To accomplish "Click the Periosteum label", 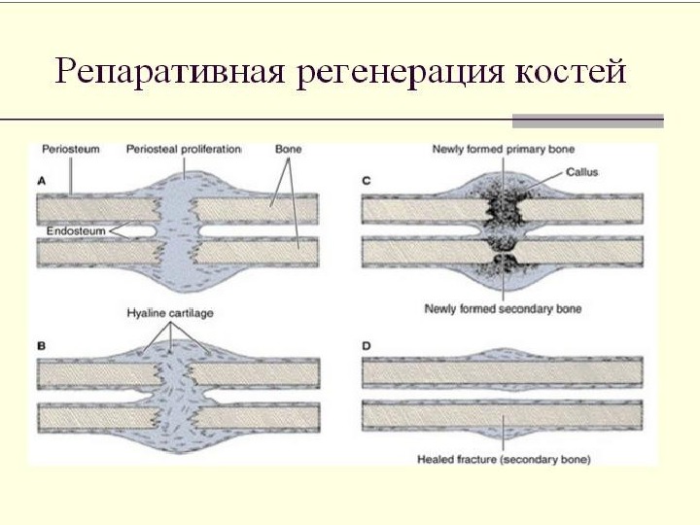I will point(69,151).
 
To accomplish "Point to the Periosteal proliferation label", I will point(184,151).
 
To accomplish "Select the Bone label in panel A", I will point(288,151).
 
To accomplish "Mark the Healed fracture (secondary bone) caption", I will point(504,458).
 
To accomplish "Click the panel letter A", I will point(42,178).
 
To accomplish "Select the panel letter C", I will point(366,179).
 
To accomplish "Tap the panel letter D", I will point(366,344).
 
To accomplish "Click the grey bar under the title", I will point(587,122).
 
